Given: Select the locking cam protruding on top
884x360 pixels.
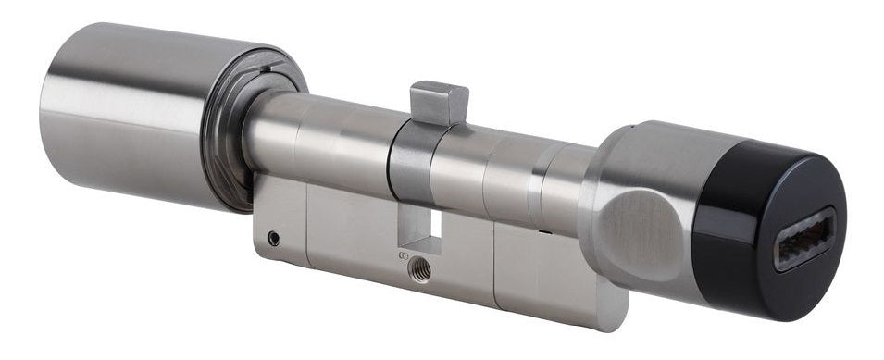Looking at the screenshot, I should [439, 102].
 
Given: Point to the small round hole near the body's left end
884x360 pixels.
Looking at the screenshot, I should [273, 239].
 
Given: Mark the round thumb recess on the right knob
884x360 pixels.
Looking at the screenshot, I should [640, 227].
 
